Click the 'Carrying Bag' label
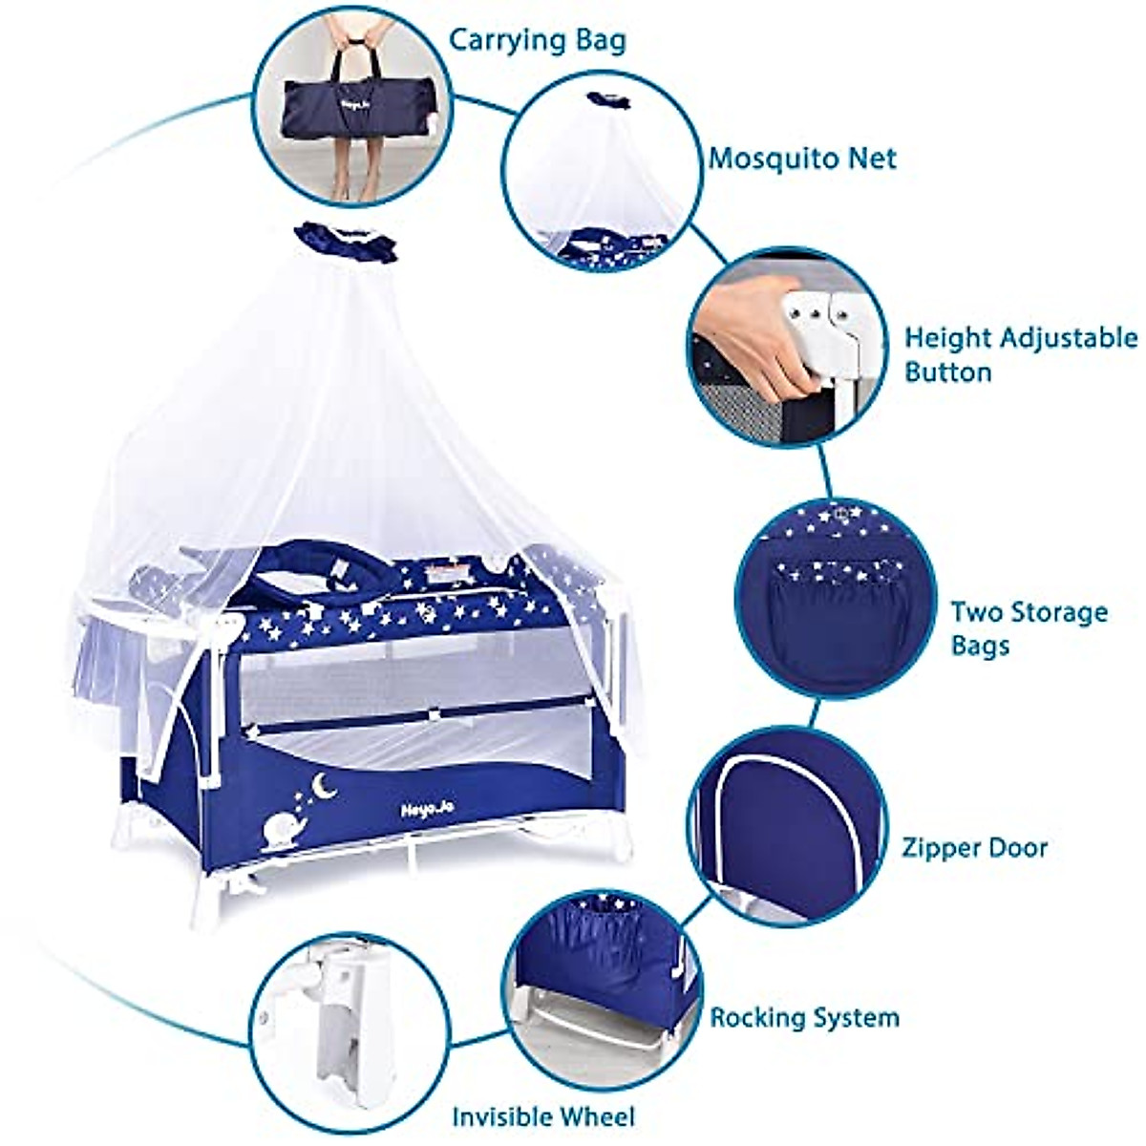(538, 40)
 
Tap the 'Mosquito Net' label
(802, 158)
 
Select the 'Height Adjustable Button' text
(1020, 354)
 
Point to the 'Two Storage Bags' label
(1029, 627)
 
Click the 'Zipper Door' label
(974, 847)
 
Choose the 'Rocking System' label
(804, 1017)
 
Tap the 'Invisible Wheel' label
(542, 1115)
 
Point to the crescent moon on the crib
(327, 787)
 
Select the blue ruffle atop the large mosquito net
(345, 242)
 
